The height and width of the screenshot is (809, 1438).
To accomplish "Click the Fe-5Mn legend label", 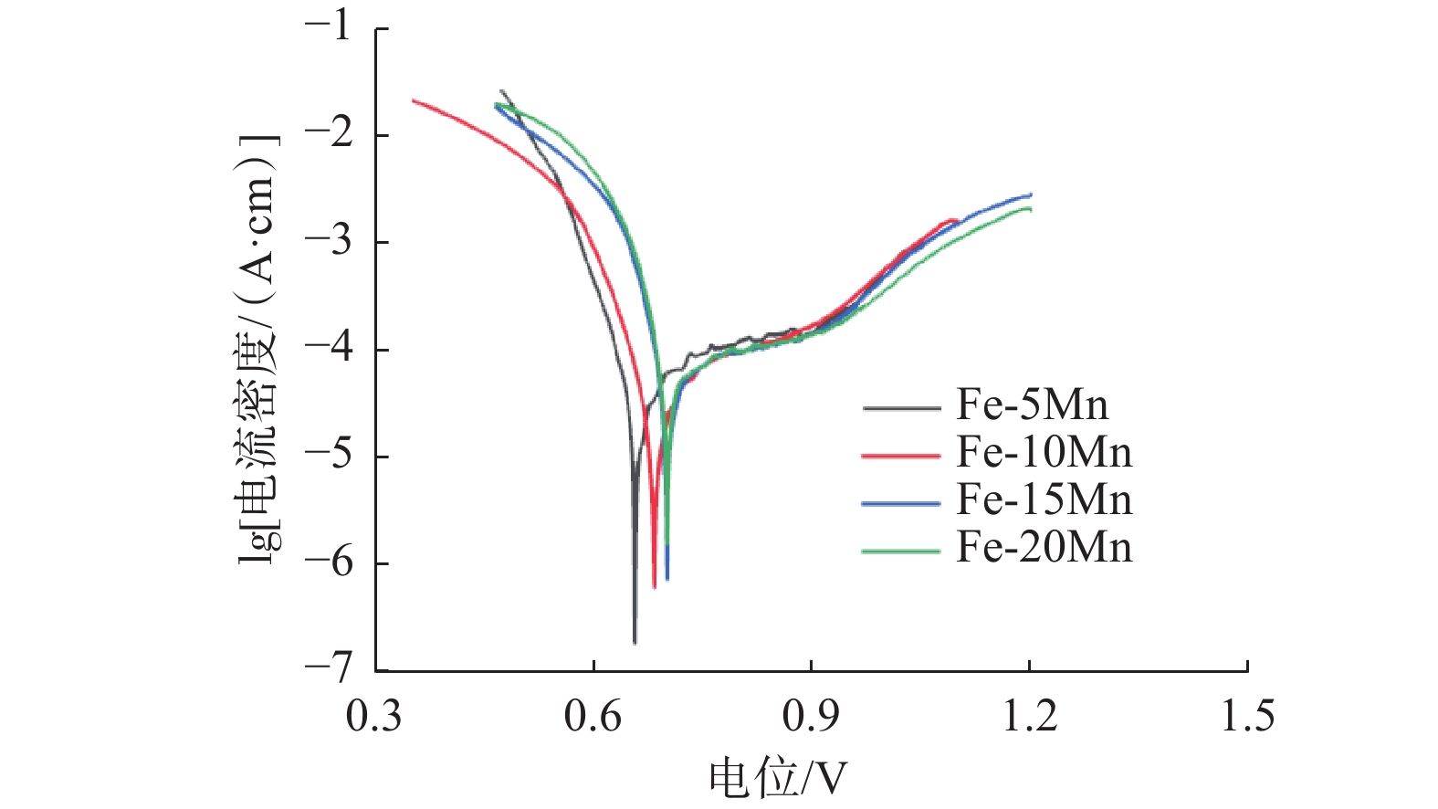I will [x=1032, y=404].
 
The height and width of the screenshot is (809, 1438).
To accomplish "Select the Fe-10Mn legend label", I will [x=1044, y=452].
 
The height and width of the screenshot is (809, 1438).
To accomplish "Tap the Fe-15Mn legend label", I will [x=1044, y=499].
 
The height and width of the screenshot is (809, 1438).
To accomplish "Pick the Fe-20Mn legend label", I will [x=1044, y=547].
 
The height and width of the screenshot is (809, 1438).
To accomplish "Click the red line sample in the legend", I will [x=900, y=455].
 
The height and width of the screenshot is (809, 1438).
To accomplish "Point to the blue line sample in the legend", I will [x=900, y=503].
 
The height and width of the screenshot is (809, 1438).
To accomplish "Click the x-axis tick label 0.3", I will [x=374, y=716].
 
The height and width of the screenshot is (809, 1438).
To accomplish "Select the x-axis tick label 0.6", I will [x=593, y=716].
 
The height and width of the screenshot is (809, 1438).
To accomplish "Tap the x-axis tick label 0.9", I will [x=811, y=716].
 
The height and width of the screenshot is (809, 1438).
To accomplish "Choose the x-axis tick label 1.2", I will [x=1030, y=716].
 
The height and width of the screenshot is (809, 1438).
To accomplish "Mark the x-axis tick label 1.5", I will [x=1247, y=716].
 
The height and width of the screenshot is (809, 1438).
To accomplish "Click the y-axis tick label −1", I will [x=328, y=27].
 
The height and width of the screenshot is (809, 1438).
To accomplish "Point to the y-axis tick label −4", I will [x=328, y=349].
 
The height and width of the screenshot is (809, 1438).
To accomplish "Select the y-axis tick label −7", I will [x=328, y=669].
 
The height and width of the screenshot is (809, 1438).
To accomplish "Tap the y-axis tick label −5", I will [x=328, y=456].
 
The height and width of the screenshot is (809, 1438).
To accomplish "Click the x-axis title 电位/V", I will [x=777, y=778].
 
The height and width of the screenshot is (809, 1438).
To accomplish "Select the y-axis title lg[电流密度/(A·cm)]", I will [x=258, y=349].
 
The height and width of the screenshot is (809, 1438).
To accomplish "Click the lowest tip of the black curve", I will [x=635, y=643].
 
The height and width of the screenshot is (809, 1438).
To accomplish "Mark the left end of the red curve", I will [x=413, y=100].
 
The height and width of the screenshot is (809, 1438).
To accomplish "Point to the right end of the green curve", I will [x=1031, y=209].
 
